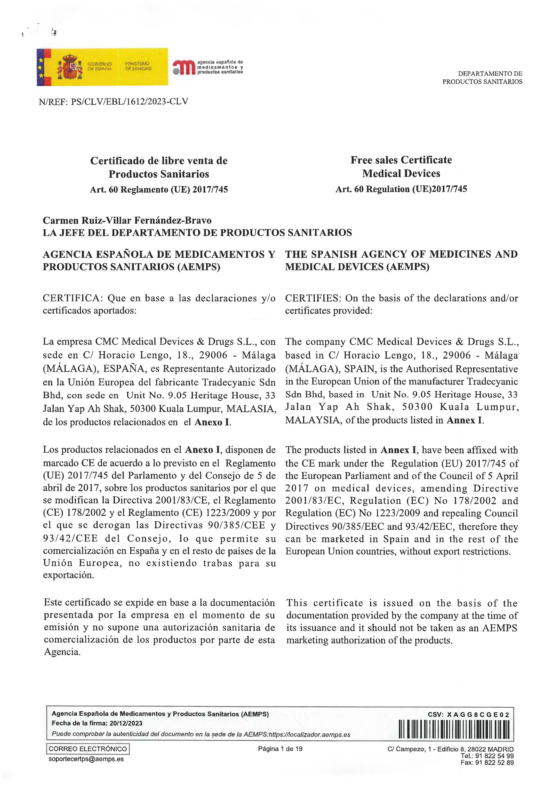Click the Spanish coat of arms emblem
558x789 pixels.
point(70,67)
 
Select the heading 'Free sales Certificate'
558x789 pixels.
point(401,160)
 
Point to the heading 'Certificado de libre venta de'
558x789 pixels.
point(159,161)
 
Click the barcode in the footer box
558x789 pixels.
point(454,729)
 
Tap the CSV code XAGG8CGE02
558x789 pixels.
point(478,715)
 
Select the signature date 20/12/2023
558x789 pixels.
point(126,723)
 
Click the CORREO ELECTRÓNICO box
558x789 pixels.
point(88,749)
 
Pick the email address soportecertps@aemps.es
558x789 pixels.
point(86,759)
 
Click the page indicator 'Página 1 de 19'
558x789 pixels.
point(280,749)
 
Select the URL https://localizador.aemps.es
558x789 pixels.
point(309,734)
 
